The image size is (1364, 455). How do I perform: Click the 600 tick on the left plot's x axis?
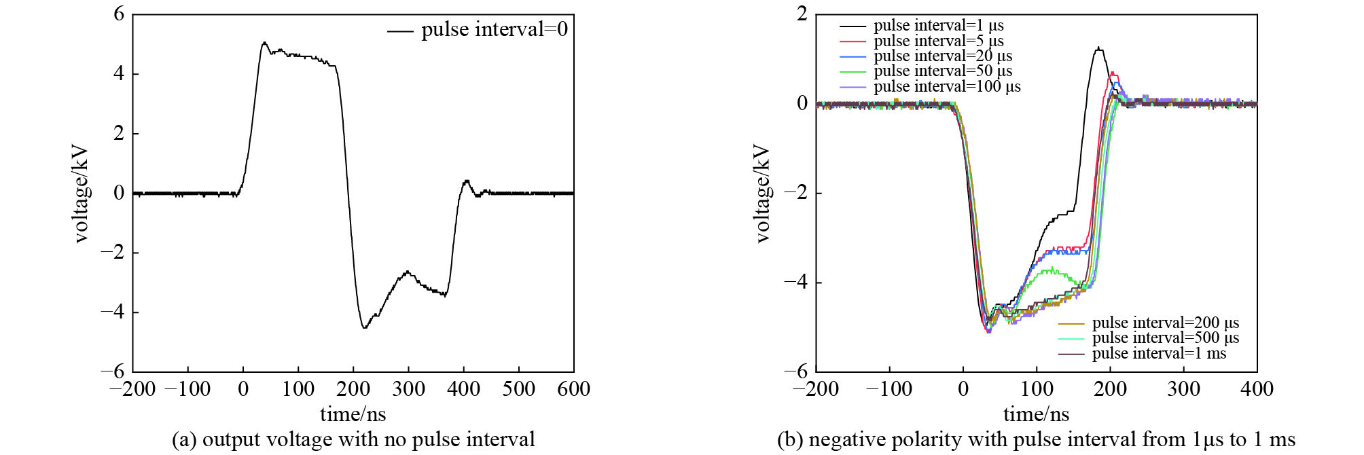[x=573, y=389]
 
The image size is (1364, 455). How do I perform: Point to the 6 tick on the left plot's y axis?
[x=120, y=14]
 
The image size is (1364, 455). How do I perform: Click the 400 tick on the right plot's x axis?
[x=1257, y=389]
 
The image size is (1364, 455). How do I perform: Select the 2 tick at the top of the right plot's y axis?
[x=802, y=14]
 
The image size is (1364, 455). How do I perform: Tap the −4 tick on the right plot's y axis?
[x=796, y=283]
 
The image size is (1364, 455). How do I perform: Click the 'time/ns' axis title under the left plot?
[x=353, y=414]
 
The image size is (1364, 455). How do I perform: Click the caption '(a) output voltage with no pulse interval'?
[x=353, y=440]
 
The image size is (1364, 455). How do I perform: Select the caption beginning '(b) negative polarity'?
[x=1036, y=440]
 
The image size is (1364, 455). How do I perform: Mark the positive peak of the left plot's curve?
[x=264, y=43]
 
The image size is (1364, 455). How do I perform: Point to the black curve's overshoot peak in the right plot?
[x=1098, y=48]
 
